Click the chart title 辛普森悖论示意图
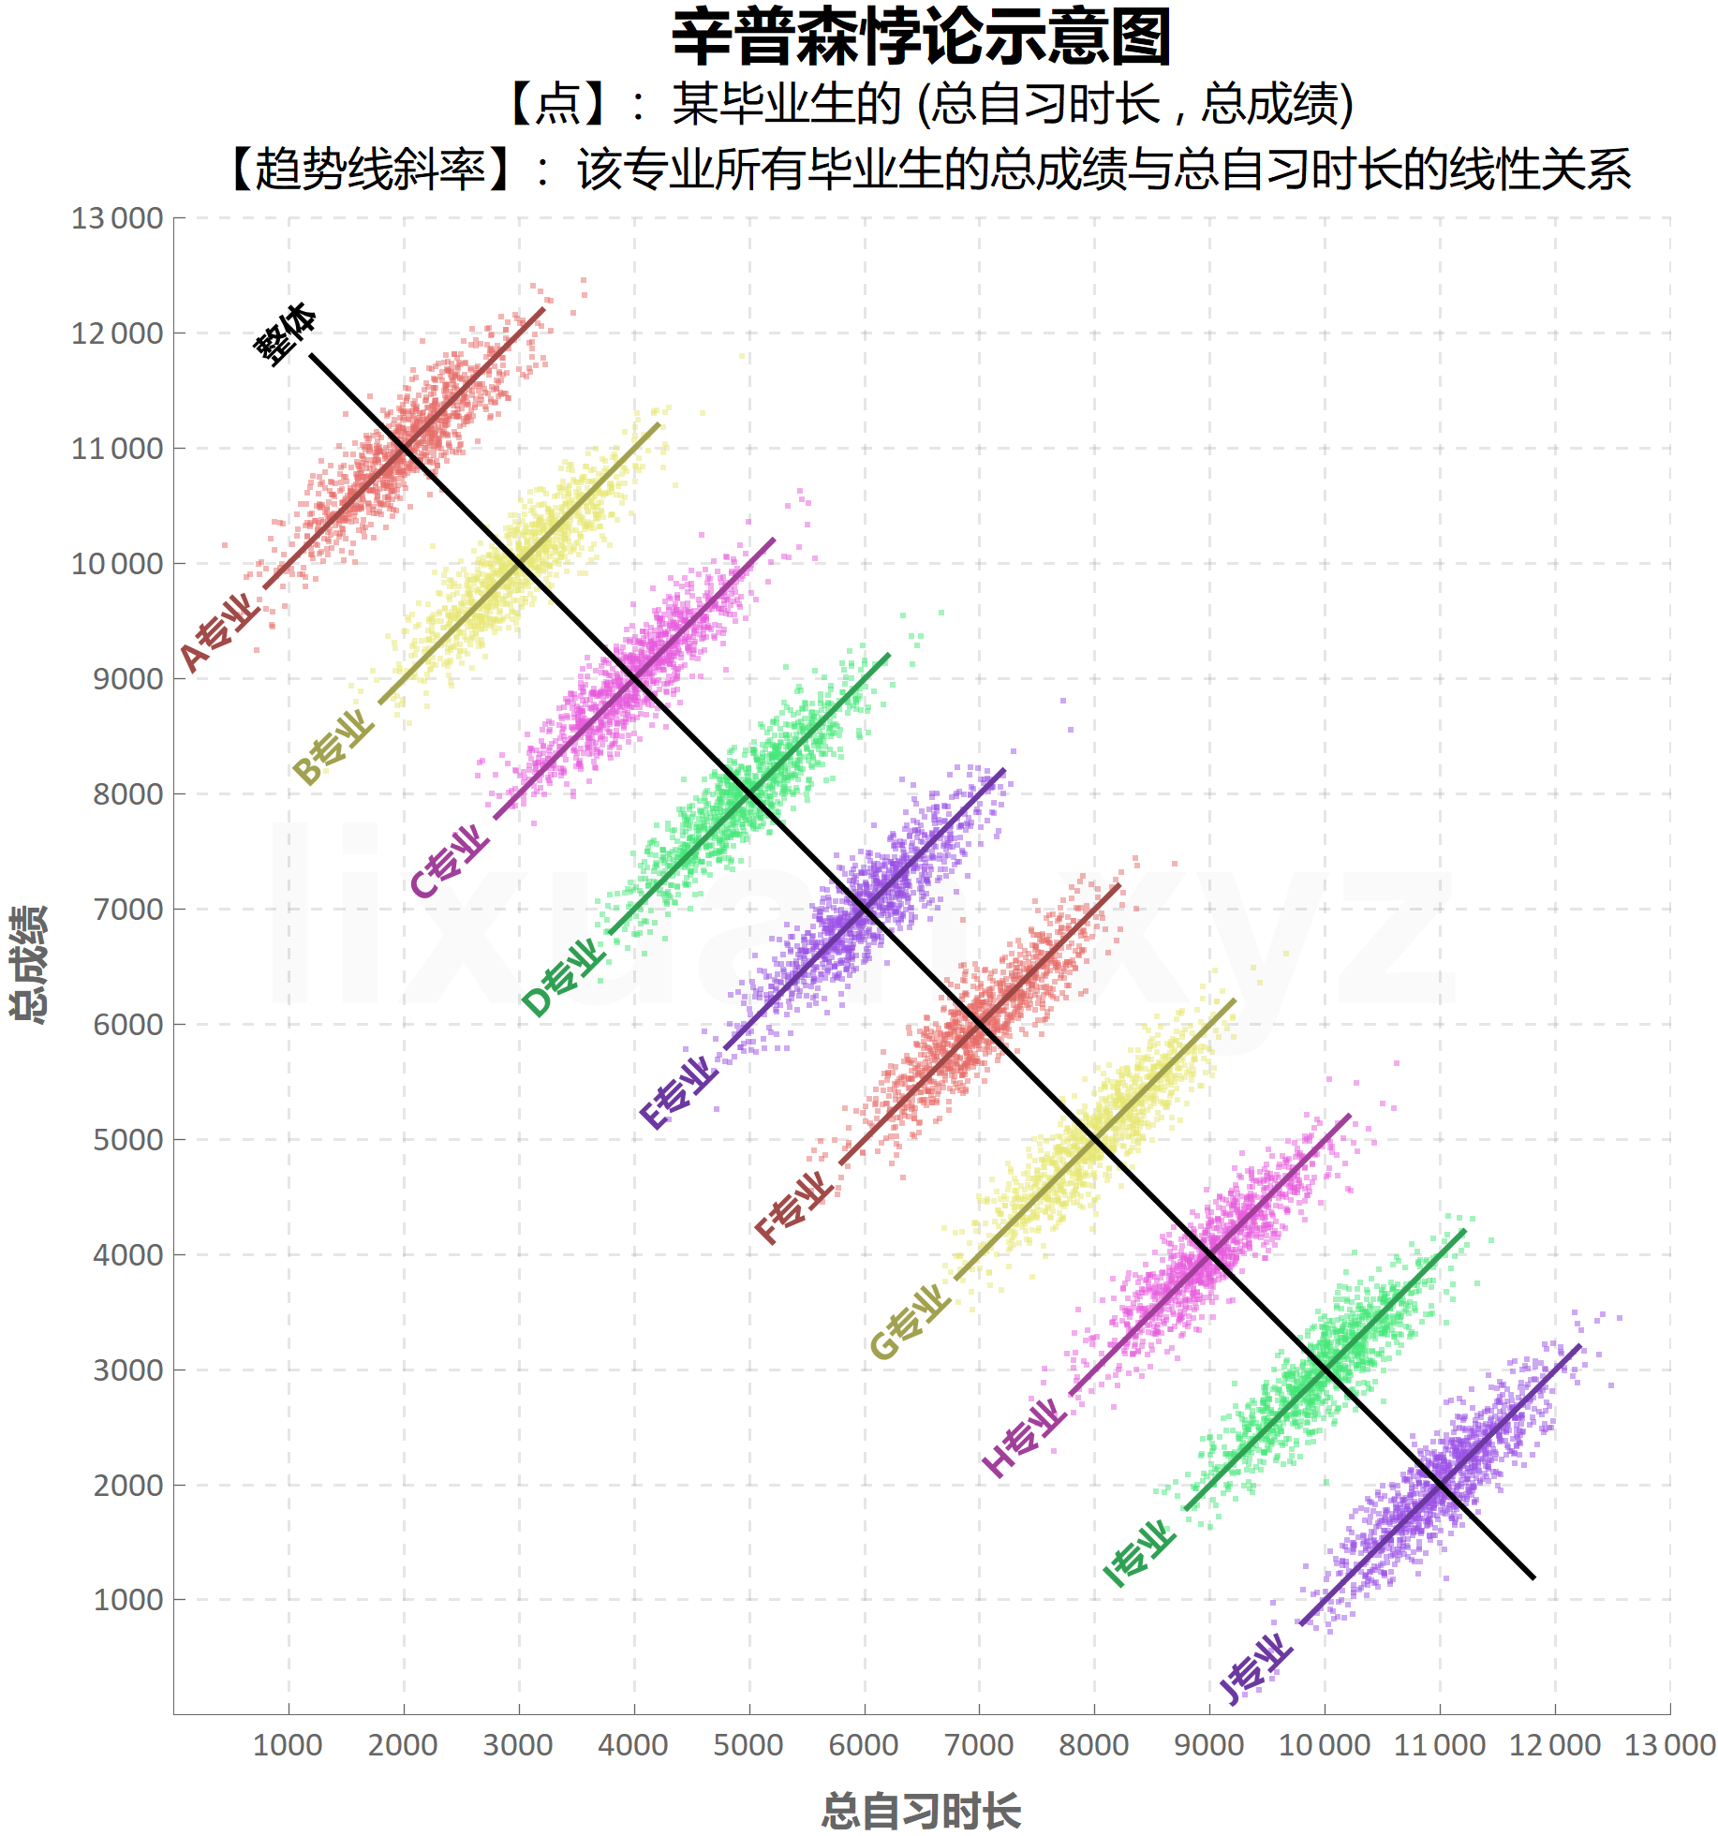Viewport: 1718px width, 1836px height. [922, 37]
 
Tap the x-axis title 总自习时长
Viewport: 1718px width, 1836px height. [921, 1810]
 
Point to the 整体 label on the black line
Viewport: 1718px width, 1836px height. [286, 333]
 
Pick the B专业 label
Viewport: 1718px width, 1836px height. [333, 747]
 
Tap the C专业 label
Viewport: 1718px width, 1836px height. [450, 861]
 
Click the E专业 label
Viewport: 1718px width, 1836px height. [679, 1092]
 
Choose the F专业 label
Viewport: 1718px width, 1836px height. [794, 1207]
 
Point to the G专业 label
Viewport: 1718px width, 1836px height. [910, 1322]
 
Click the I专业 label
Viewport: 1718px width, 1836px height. [1139, 1554]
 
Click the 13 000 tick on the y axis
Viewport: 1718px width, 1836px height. [117, 218]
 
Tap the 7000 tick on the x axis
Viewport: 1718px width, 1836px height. [979, 1745]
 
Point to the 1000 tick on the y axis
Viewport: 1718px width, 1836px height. [128, 1600]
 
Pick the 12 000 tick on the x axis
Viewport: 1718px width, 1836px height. [1555, 1745]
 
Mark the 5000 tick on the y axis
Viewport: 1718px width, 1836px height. [128, 1140]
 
